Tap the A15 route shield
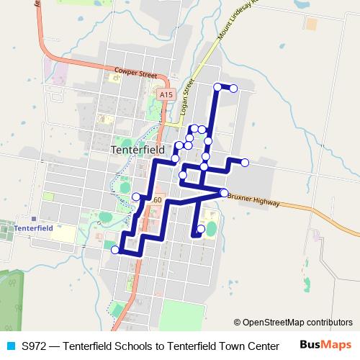point(166,94)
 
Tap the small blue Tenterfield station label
point(34,228)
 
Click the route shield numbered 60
point(157,199)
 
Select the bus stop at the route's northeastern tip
point(233,88)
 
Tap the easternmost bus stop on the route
point(244,163)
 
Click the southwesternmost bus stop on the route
point(115,250)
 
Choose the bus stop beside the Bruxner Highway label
point(224,192)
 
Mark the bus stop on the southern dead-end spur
point(201,229)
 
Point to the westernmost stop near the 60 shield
point(136,197)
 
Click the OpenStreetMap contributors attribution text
point(297,323)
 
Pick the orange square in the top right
point(311,24)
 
